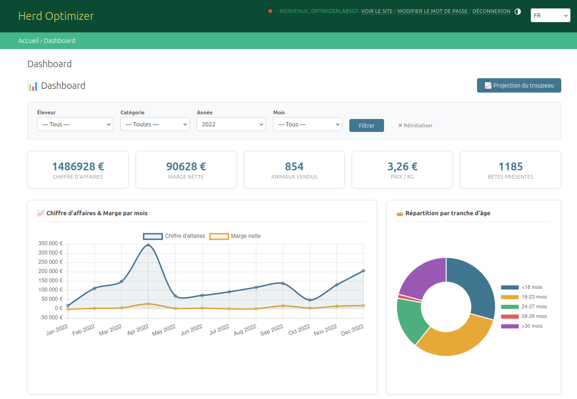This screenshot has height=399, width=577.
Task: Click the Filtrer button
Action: [366, 125]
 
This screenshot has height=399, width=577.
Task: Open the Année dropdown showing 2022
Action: [231, 124]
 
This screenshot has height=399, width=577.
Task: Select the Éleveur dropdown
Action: [75, 124]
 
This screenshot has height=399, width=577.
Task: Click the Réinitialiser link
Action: [416, 125]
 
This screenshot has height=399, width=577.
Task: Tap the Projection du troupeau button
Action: [519, 86]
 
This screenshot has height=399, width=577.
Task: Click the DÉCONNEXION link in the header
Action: [491, 11]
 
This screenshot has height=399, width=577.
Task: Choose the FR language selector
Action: [550, 16]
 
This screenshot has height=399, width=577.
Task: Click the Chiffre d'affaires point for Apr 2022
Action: [148, 245]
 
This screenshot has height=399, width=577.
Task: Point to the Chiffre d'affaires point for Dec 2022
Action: [363, 271]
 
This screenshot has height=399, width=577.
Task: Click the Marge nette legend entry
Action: [236, 236]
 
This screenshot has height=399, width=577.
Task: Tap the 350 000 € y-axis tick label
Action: [51, 243]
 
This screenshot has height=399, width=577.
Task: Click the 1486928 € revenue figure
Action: [78, 167]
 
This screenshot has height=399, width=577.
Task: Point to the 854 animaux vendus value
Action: [294, 167]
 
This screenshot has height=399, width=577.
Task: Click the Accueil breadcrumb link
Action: [28, 41]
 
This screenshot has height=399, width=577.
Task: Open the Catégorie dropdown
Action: [155, 124]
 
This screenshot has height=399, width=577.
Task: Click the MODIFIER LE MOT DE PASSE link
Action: [432, 11]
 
